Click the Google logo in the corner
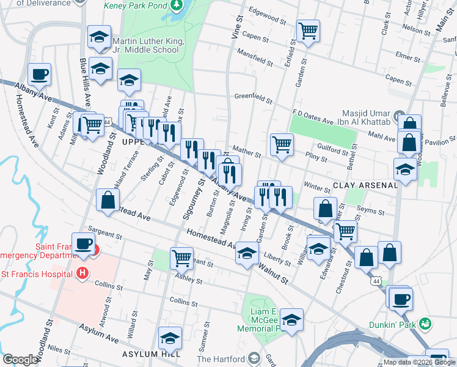(20, 360)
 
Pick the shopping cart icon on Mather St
(282, 144)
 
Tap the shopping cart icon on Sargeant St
(181, 258)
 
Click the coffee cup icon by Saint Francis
(83, 243)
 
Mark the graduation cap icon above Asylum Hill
(170, 337)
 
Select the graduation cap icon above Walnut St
(246, 253)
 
